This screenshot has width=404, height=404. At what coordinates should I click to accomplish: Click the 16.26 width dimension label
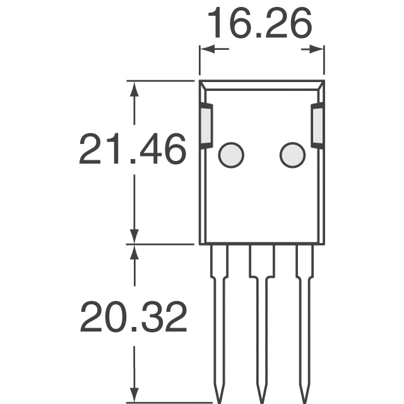[259, 24]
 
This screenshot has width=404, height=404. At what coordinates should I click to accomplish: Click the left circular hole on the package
[231, 155]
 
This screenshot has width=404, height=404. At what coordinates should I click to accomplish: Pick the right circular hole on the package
[292, 155]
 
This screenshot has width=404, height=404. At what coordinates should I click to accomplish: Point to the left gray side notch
[206, 126]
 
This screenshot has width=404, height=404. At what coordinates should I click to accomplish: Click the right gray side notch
[318, 126]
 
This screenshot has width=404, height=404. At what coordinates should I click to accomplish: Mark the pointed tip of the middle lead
[261, 396]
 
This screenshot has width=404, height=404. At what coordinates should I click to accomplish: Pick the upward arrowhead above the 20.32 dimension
[133, 251]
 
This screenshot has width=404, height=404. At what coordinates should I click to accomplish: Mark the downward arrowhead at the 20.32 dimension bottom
[133, 395]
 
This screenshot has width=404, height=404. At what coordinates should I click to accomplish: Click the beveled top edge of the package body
[262, 83]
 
